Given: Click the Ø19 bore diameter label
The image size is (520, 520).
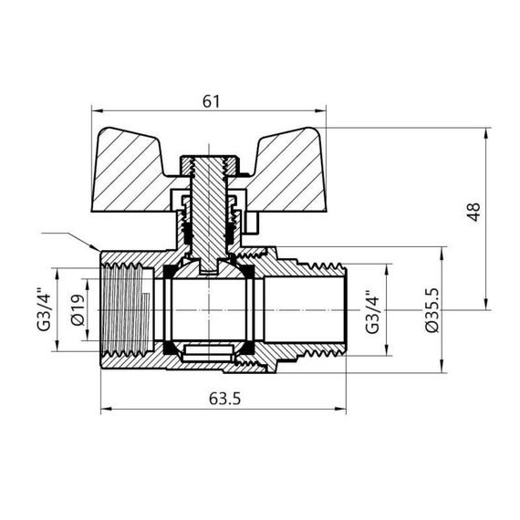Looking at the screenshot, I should [78, 310].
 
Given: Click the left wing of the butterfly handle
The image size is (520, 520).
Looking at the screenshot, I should [137, 152].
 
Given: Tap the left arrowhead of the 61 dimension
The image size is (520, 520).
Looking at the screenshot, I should [93, 111].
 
